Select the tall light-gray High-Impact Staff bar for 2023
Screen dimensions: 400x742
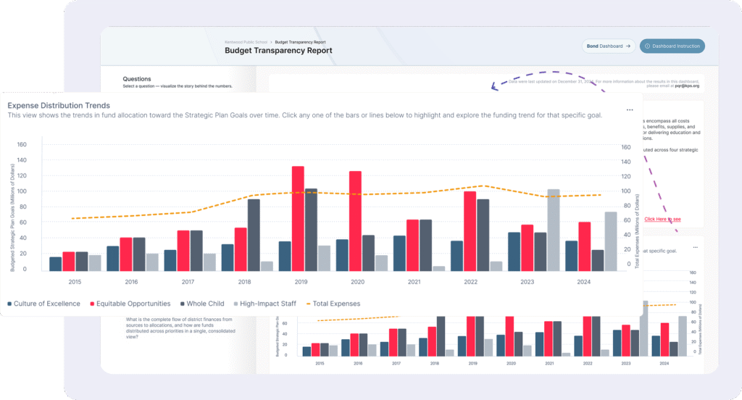pyautogui.click(x=554, y=230)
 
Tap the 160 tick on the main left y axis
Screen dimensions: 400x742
pyautogui.click(x=22, y=144)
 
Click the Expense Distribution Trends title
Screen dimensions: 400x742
pyautogui.click(x=59, y=106)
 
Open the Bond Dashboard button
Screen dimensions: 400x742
pyautogui.click(x=609, y=46)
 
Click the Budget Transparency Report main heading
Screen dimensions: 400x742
pyautogui.click(x=278, y=51)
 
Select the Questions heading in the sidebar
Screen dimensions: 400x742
pyautogui.click(x=137, y=78)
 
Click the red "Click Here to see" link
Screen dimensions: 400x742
pyautogui.click(x=662, y=219)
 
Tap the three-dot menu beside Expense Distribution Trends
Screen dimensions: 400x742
pyautogui.click(x=630, y=110)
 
